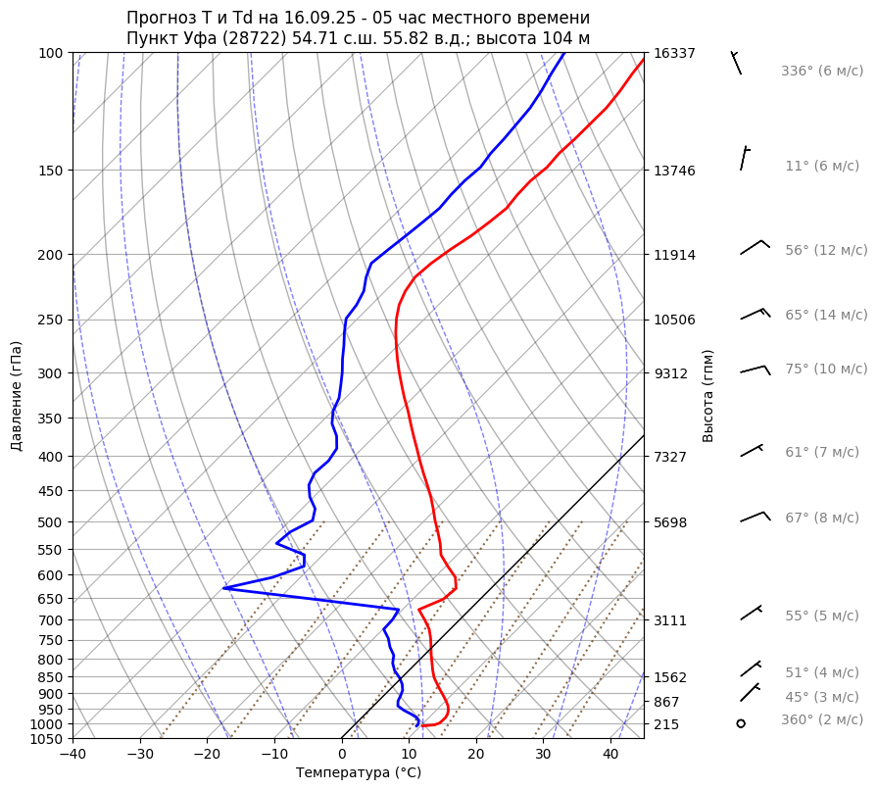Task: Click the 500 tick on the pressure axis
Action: [x=50, y=522]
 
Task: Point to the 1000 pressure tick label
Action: [x=46, y=724]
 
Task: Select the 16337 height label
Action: [x=674, y=53]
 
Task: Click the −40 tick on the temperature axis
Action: [x=73, y=755]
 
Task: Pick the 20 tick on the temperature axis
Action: [x=476, y=755]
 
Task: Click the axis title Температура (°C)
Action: [x=359, y=773]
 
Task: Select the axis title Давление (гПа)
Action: [x=17, y=396]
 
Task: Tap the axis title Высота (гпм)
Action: [x=708, y=395]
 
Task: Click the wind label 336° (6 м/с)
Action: [x=822, y=72]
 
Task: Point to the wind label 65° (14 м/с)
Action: [x=826, y=316]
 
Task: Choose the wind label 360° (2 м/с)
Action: [x=822, y=720]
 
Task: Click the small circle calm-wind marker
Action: [x=741, y=723]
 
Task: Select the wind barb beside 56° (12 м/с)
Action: [x=755, y=247]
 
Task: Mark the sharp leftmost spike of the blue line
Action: [x=224, y=588]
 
